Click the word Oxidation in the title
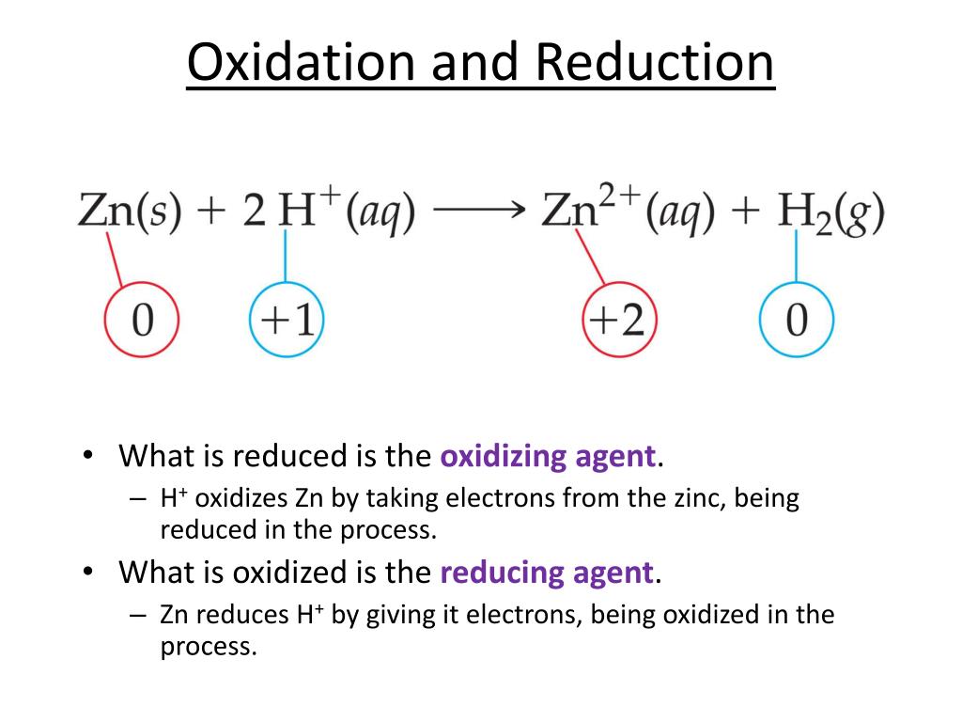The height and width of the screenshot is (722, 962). click(302, 62)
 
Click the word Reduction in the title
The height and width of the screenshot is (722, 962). click(655, 62)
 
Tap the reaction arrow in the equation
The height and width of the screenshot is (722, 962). click(479, 210)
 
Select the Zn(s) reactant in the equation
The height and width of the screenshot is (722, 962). click(130, 212)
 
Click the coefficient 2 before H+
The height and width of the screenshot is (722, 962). click(254, 210)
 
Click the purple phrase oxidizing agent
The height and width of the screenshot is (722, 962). click(549, 457)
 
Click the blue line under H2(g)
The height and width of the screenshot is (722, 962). click(797, 256)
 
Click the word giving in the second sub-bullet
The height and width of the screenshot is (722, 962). click(400, 615)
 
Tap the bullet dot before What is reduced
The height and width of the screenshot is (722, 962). click(88, 455)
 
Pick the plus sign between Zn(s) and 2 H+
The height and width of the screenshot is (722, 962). click(211, 212)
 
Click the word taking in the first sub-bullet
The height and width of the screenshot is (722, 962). click(402, 498)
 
